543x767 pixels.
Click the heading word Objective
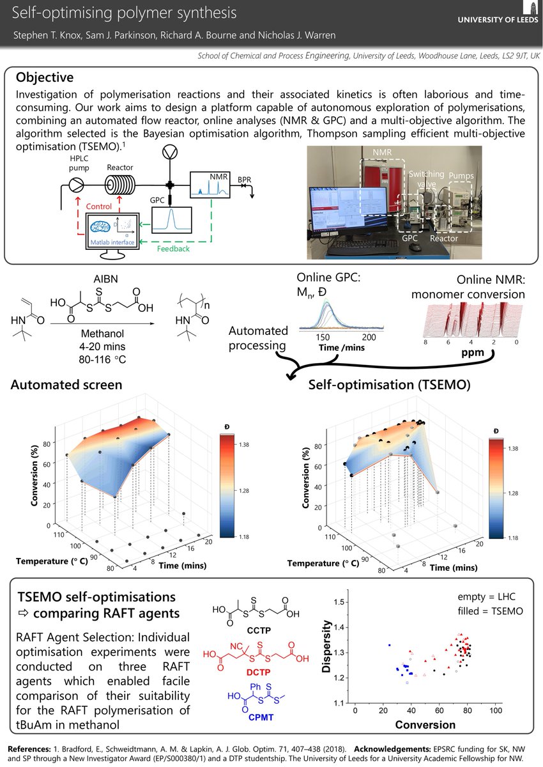coord(44,78)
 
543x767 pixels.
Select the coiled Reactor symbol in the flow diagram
coord(119,183)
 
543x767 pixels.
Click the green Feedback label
coord(172,249)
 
